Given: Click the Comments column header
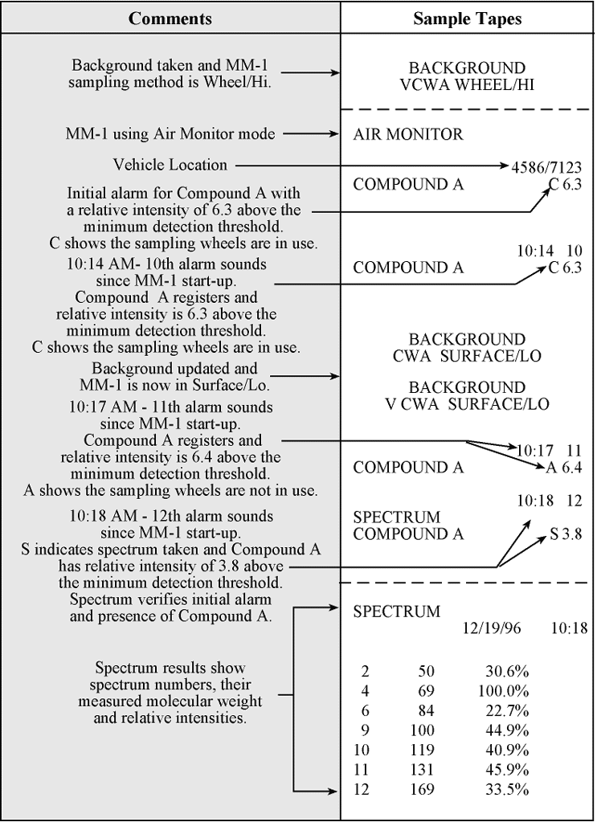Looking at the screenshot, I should [x=170, y=18].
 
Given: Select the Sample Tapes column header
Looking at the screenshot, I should [x=467, y=18].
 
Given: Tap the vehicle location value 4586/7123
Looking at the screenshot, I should [x=546, y=167].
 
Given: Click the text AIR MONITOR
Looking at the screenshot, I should [x=408, y=134].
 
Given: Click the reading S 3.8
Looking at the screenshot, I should [x=566, y=534].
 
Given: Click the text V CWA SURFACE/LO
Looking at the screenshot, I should [x=467, y=404].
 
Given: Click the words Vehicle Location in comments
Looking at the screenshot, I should [x=170, y=165].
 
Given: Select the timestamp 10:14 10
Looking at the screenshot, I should [x=549, y=251].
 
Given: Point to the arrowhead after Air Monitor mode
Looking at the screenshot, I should [x=335, y=134].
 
